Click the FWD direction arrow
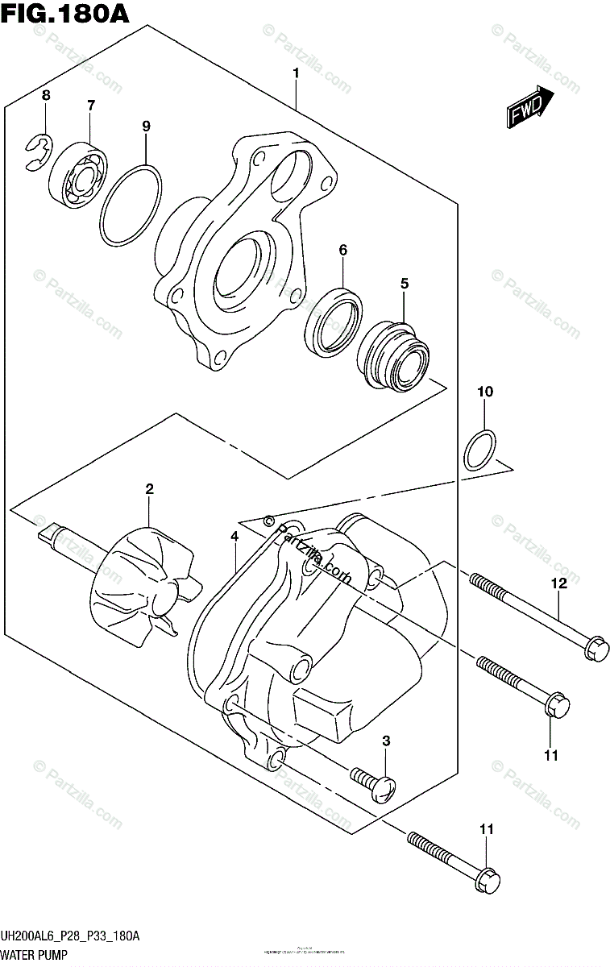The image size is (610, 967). pyautogui.click(x=529, y=108)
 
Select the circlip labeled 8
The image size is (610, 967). pyautogui.click(x=36, y=153)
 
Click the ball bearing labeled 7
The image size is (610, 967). pyautogui.click(x=77, y=176)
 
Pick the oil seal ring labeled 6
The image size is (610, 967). pyautogui.click(x=332, y=321)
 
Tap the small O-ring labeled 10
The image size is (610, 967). pyautogui.click(x=481, y=450)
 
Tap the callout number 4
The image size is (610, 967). pyautogui.click(x=234, y=536)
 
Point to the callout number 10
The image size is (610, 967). pyautogui.click(x=484, y=392)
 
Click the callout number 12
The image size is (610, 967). pyautogui.click(x=559, y=583)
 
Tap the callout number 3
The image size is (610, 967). pyautogui.click(x=386, y=740)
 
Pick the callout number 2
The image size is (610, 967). pyautogui.click(x=149, y=488)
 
